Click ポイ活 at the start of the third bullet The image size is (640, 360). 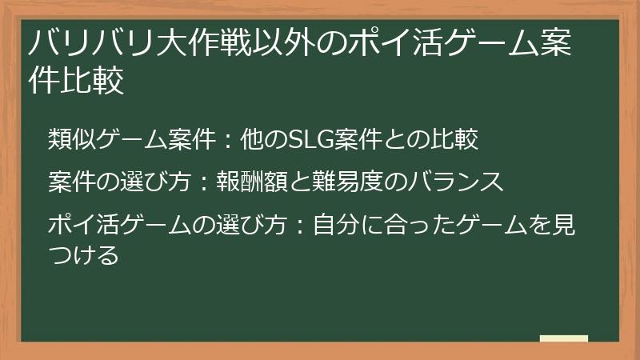[84, 224]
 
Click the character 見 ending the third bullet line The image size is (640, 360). [564, 224]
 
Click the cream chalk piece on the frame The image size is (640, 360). [563, 339]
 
